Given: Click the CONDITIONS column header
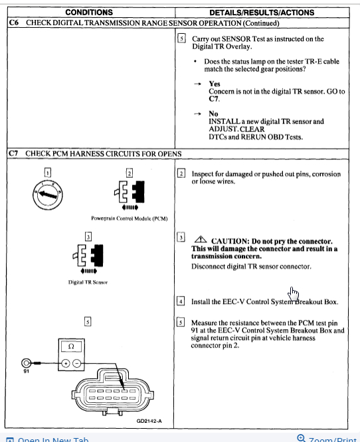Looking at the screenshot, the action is [x=89, y=13].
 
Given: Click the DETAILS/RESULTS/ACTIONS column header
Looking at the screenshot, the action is [x=262, y=13].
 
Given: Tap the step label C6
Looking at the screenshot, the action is [x=13, y=23].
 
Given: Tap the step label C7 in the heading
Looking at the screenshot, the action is [x=13, y=153].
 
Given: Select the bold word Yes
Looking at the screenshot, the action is [x=215, y=84].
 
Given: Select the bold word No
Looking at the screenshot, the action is [x=213, y=113].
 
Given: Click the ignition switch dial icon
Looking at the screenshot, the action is [x=47, y=194].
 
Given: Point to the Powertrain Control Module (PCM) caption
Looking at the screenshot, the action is [x=130, y=218].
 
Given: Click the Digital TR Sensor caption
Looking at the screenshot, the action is [x=88, y=282].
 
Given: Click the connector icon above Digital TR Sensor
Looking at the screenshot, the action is [x=88, y=258].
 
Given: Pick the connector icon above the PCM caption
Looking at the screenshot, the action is [x=130, y=195].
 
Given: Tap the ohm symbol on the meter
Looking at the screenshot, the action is [x=71, y=346].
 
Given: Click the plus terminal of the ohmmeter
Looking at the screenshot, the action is [x=66, y=364].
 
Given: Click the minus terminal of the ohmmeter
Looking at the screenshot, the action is [x=77, y=364].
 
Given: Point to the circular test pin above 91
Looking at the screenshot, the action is [x=27, y=363].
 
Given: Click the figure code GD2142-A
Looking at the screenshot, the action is [x=149, y=421].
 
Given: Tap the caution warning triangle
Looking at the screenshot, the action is [x=201, y=240].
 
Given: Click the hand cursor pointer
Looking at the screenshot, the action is [x=293, y=293].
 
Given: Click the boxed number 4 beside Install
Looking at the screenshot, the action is [x=181, y=301].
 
